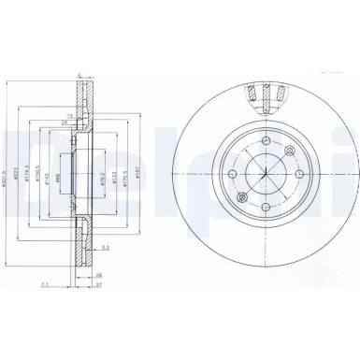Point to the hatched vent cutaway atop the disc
coord(266,96)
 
